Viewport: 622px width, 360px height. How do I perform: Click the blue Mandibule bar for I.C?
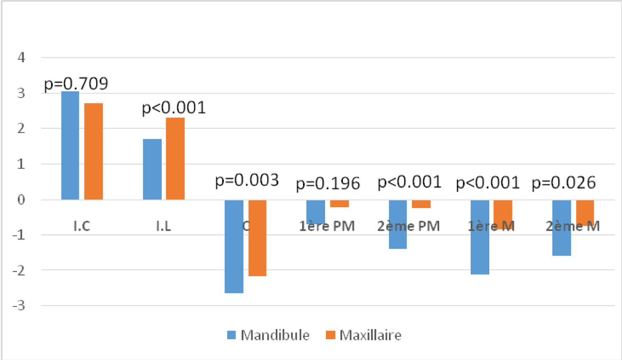70,146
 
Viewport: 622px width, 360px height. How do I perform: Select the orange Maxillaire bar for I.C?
93,151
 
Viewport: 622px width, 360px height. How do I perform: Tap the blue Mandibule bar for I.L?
152,169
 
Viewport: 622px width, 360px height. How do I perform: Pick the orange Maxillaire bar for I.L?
175,158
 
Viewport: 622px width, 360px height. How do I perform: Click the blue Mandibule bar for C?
234,246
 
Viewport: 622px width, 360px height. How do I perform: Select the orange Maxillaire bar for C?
257,238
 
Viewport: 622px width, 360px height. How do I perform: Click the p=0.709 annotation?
76,84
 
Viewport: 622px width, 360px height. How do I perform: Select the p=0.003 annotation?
247,180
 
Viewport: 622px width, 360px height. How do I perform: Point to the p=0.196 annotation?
328,184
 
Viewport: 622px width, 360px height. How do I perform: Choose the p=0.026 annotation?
564,183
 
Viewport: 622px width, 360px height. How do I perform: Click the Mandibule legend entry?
269,335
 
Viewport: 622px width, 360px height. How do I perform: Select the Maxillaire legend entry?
364,335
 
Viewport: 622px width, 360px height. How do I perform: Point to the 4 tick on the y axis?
21,57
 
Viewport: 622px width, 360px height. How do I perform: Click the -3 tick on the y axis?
19,306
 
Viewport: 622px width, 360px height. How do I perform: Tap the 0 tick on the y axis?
21,199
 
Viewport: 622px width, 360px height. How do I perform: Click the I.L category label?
163,226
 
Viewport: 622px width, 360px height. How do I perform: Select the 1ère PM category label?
327,226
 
